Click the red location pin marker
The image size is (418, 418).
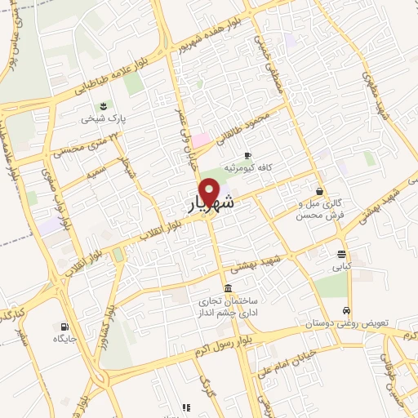pos(210,191)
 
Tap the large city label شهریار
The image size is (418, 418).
pos(211,204)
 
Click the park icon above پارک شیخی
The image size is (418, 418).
pos(104,106)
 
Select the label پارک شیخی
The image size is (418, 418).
pos(104,118)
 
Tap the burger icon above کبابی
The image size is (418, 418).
pos(340,253)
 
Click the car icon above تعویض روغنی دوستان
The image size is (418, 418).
pos(347,311)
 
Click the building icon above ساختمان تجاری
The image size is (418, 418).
pos(227,288)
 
